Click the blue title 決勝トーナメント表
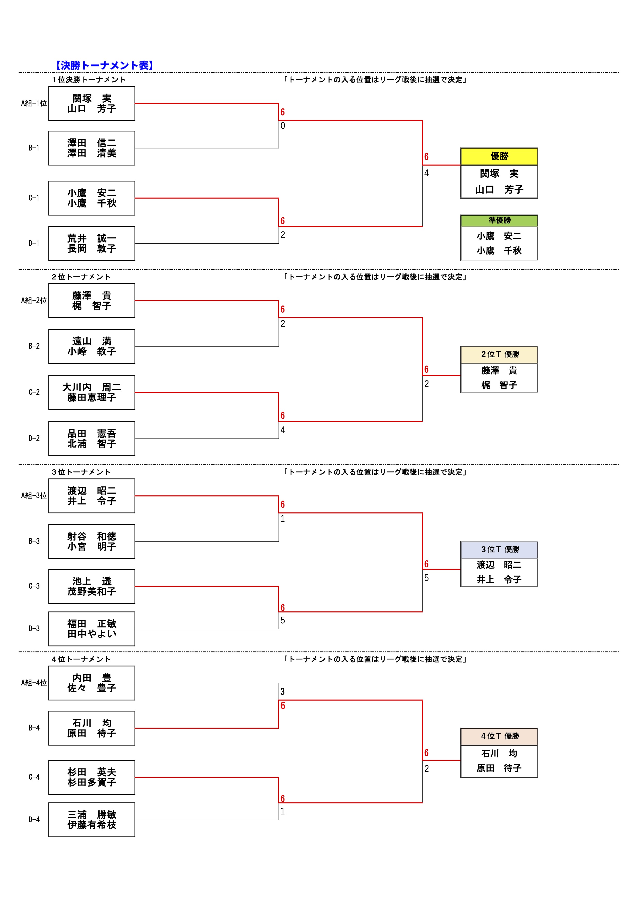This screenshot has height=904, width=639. point(104,65)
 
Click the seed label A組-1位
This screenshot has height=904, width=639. point(34,104)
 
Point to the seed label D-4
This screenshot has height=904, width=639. point(34,819)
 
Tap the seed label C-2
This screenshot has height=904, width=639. point(34,392)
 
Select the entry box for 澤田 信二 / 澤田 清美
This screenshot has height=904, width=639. point(92,148)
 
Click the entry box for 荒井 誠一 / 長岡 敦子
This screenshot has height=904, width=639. point(92,243)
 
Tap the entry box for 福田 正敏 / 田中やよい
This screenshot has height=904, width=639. point(92,629)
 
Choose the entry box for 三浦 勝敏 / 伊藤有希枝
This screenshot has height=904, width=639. point(92,820)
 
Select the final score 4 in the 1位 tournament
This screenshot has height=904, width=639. point(426,173)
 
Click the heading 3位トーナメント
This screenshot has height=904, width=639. point(81,472)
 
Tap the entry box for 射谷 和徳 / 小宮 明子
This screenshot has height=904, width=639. point(92,541)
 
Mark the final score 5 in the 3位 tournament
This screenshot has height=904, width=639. point(426,578)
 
